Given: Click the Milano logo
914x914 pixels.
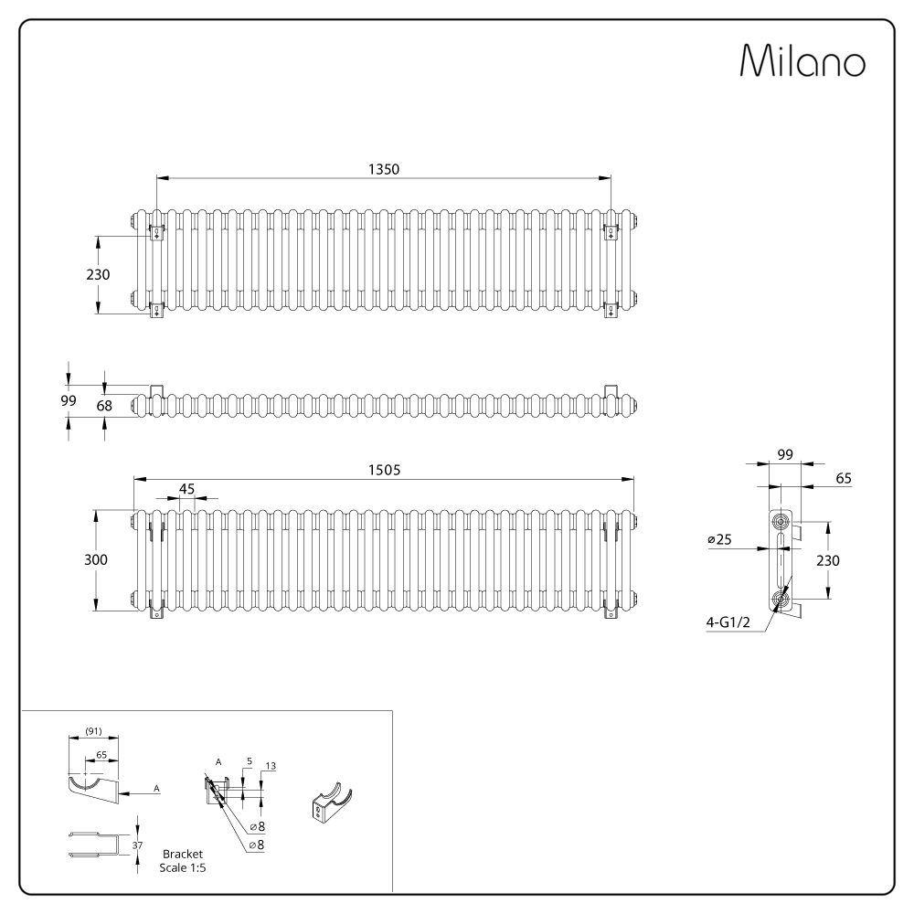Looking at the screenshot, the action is point(802,60).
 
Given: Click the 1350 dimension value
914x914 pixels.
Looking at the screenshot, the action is point(384,169).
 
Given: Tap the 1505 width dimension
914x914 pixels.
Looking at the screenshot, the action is point(384,470).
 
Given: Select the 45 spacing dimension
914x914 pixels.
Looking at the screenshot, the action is point(186,489).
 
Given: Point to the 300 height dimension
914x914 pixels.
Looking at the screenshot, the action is point(96,559).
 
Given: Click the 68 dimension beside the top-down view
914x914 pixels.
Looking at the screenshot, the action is point(104,406).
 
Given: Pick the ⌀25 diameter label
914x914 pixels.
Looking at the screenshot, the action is point(719,539).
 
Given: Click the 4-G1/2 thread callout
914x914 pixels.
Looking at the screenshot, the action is point(728,622).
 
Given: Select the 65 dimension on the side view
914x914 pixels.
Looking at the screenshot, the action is point(844,478).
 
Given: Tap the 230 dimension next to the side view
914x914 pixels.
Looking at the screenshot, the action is point(828,561).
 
